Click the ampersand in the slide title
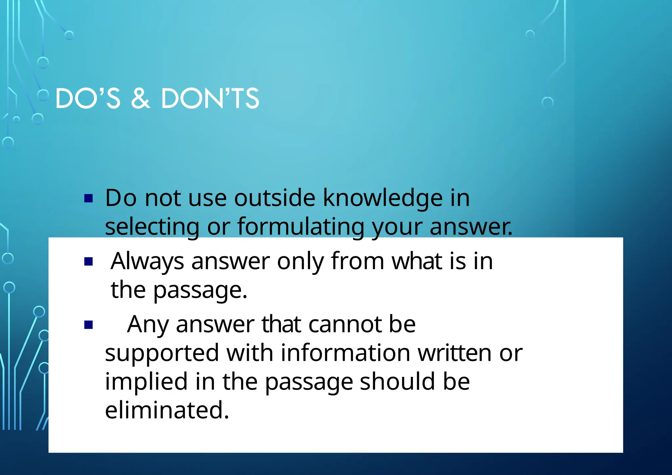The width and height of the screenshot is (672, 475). (x=140, y=98)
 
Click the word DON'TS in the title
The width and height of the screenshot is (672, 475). (x=210, y=98)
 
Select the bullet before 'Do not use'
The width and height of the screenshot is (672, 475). (x=89, y=198)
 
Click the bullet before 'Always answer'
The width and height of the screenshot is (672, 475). (x=89, y=261)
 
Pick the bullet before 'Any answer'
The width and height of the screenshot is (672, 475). (x=89, y=325)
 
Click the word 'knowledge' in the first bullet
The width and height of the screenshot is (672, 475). (x=383, y=198)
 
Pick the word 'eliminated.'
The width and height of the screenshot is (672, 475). (x=167, y=410)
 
